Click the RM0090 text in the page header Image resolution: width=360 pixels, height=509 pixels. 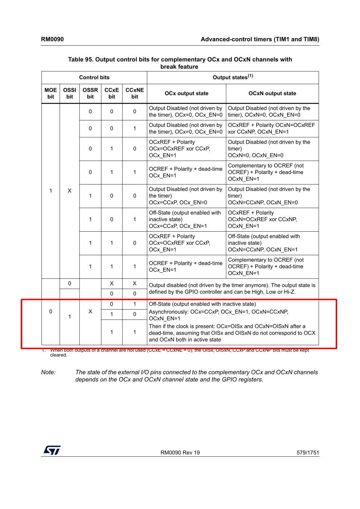pyautogui.click(x=52, y=39)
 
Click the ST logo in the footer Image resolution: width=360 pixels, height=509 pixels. pyautogui.click(x=52, y=450)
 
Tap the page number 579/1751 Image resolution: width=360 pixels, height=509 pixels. pyautogui.click(x=308, y=452)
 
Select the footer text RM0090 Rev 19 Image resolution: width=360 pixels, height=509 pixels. pyautogui.click(x=180, y=452)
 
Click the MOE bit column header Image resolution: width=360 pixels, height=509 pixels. pyautogui.click(x=51, y=94)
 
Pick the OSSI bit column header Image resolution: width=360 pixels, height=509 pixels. pyautogui.click(x=70, y=94)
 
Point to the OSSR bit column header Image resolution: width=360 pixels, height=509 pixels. pyautogui.click(x=90, y=94)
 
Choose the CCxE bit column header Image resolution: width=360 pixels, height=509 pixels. pyautogui.click(x=112, y=94)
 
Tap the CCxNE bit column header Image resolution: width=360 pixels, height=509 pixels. pyautogui.click(x=135, y=94)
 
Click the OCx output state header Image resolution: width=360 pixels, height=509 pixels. pyautogui.click(x=186, y=94)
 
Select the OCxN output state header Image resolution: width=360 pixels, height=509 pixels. pyautogui.click(x=272, y=94)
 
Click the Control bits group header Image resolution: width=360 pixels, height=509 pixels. pyautogui.click(x=94, y=78)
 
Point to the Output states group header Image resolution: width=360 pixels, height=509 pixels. pyautogui.click(x=230, y=78)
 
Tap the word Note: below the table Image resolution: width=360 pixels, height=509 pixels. pyautogui.click(x=48, y=372)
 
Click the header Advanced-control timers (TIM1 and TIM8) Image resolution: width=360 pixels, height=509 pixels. pyautogui.click(x=260, y=39)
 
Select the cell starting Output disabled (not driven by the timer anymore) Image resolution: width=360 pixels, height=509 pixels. pyautogui.click(x=232, y=289)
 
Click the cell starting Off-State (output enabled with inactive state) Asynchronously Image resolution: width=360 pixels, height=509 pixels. pyautogui.click(x=232, y=322)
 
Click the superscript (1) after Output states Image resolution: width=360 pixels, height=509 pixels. pyautogui.click(x=251, y=76)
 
